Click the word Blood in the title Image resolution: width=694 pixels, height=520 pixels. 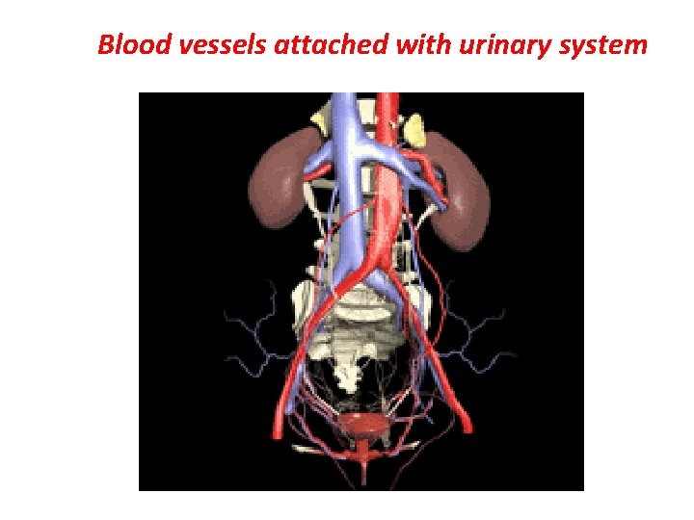pos(134,44)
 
